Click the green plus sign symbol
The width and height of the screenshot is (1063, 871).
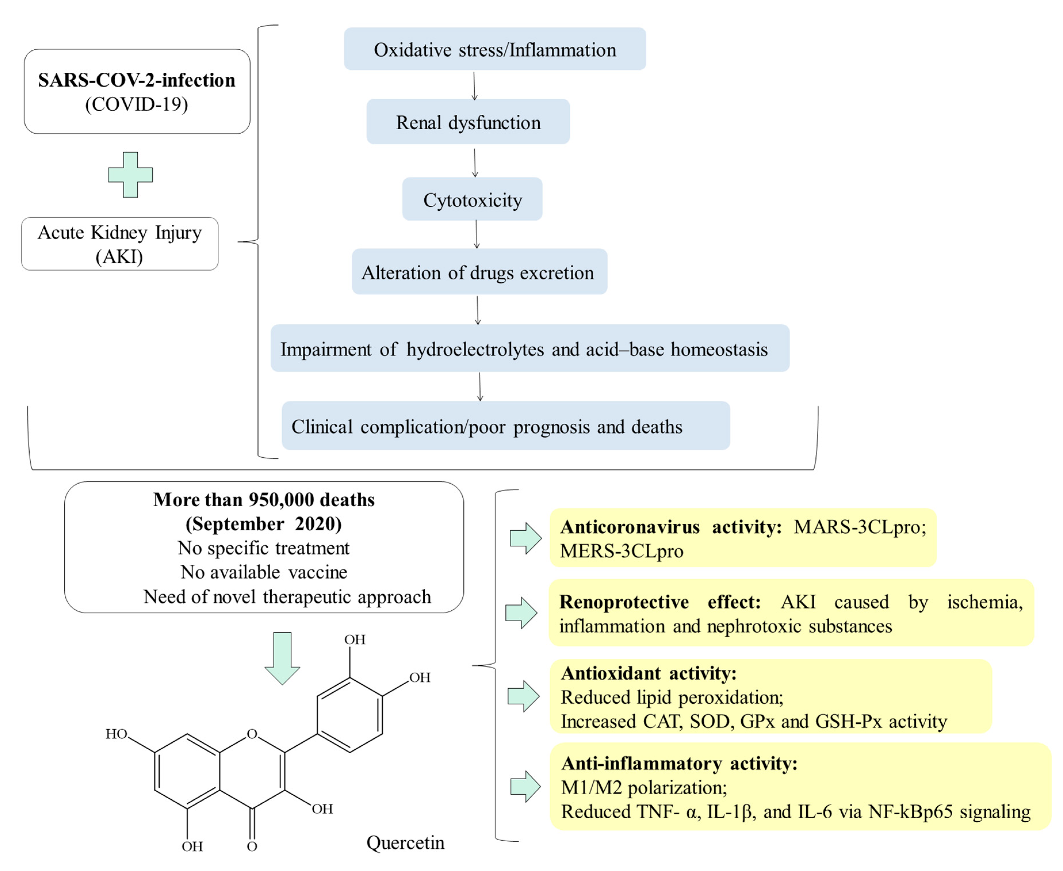[x=130, y=175]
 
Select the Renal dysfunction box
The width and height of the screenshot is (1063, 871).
[x=468, y=122]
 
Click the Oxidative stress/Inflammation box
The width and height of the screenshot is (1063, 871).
[x=494, y=49]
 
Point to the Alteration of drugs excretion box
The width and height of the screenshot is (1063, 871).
[x=479, y=272]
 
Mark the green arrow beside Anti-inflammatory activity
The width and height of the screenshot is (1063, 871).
[x=525, y=786]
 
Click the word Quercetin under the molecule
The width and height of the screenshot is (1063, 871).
[x=405, y=843]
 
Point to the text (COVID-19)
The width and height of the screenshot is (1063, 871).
[x=136, y=104]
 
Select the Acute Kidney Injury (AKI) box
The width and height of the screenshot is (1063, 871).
[x=119, y=244]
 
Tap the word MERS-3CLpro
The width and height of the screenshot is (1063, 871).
[x=621, y=551]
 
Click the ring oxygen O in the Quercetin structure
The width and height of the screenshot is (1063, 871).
[x=252, y=734]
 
